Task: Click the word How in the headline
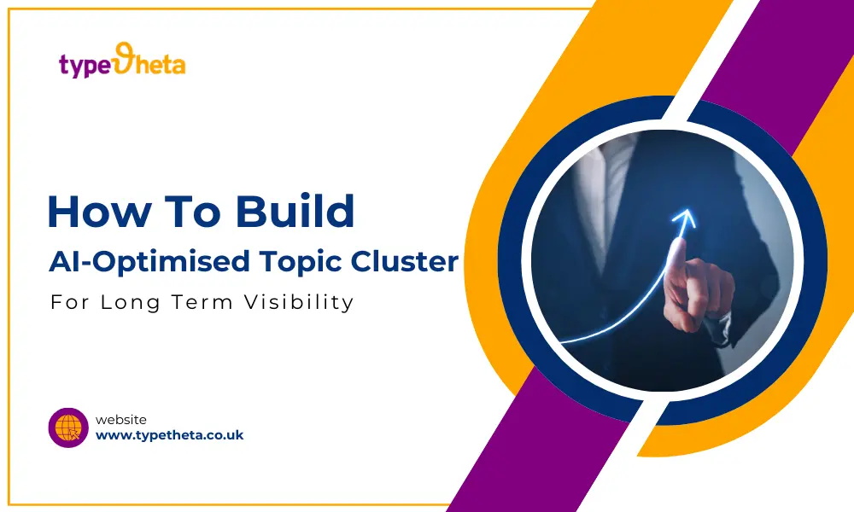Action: coord(98,212)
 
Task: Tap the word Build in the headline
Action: coord(295,211)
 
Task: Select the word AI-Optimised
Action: coord(149,262)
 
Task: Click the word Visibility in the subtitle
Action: coord(299,303)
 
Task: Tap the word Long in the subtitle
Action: coord(130,303)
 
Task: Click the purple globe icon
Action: coord(68,428)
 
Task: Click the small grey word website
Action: coord(121,420)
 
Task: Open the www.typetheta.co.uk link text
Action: coord(169,435)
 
